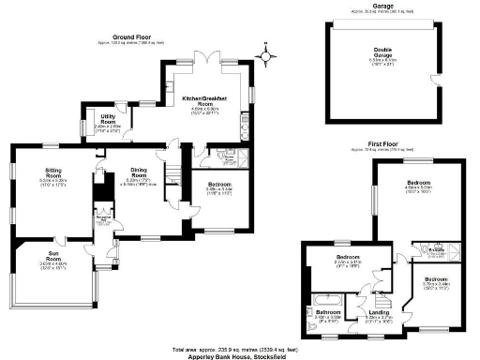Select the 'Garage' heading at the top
pyautogui.click(x=382, y=6)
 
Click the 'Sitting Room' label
pyautogui.click(x=52, y=172)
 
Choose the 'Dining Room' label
pyautogui.click(x=139, y=172)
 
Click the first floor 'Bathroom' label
pyautogui.click(x=328, y=311)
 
